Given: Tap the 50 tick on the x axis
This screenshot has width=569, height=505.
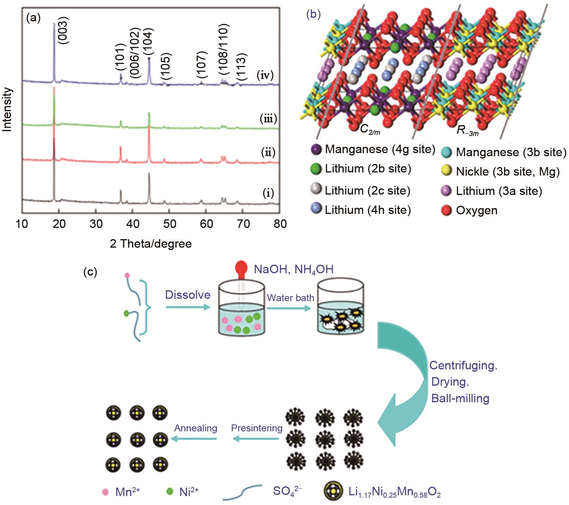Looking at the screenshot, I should [x=169, y=224].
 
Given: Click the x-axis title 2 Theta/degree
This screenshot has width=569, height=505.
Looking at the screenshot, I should [x=151, y=244].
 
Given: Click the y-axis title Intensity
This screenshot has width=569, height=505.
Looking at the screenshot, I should [x=8, y=110].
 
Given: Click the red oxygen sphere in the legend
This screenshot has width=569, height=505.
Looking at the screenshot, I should [x=447, y=211].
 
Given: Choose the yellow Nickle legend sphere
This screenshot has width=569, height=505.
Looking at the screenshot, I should [x=447, y=171].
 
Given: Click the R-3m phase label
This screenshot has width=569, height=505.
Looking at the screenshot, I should [x=467, y=131].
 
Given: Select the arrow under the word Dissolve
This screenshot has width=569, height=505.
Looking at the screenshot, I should [x=188, y=307].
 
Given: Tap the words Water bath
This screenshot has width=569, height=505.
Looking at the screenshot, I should [x=290, y=298].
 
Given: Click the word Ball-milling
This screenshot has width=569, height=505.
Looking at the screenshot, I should [x=460, y=398].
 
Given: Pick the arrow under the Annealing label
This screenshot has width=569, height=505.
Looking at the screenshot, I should [x=195, y=438].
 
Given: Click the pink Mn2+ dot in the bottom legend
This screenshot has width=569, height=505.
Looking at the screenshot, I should [x=105, y=492].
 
